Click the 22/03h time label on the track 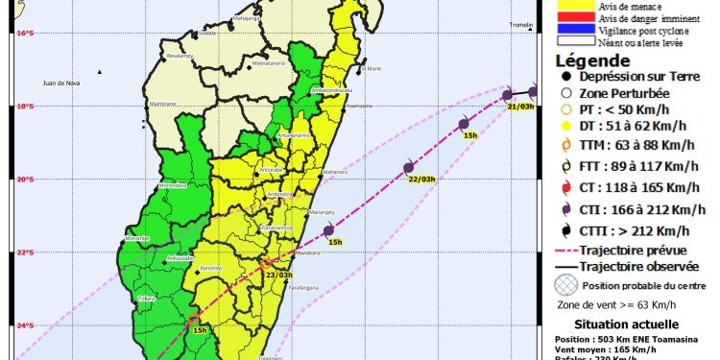[x=421, y=179]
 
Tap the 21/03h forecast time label [x=519, y=107]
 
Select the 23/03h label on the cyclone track [x=278, y=275]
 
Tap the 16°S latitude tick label [x=26, y=34]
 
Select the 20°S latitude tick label [x=26, y=180]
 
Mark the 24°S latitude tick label [x=26, y=325]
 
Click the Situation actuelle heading [x=626, y=324]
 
